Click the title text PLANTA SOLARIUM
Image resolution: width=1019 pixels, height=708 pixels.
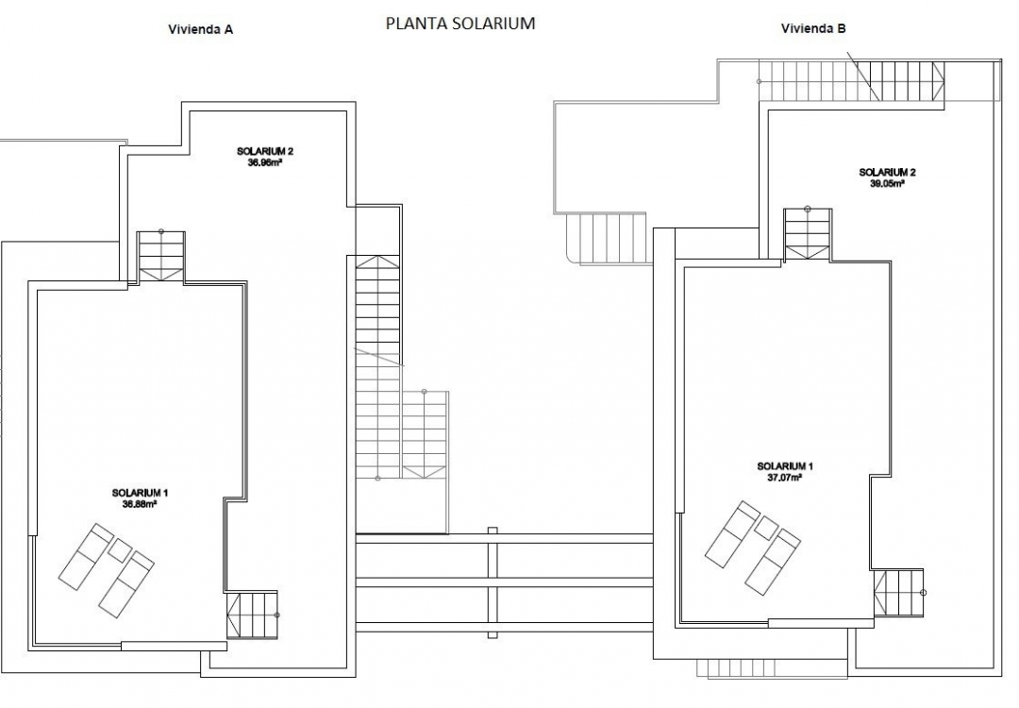pyautogui.click(x=460, y=24)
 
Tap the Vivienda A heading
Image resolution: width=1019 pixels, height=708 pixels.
pyautogui.click(x=201, y=29)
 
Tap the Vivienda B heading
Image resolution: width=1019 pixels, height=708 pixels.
pyautogui.click(x=813, y=28)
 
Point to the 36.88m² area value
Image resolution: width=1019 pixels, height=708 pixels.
pyautogui.click(x=140, y=504)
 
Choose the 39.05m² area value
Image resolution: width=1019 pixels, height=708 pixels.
pyautogui.click(x=887, y=184)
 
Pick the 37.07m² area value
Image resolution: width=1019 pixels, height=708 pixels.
pyautogui.click(x=784, y=478)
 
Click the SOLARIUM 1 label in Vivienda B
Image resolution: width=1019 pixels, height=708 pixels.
pyautogui.click(x=784, y=466)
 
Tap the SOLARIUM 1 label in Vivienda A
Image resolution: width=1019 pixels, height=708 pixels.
pyautogui.click(x=140, y=493)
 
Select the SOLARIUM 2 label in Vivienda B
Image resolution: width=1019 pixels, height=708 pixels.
pyautogui.click(x=887, y=173)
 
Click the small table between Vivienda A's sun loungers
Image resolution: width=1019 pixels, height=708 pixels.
pyautogui.click(x=120, y=549)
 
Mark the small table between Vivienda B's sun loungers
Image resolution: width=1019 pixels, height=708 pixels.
pyautogui.click(x=766, y=528)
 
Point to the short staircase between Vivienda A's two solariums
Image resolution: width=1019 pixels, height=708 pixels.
pyautogui.click(x=161, y=256)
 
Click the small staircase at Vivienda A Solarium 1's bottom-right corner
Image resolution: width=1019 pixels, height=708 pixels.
pyautogui.click(x=254, y=615)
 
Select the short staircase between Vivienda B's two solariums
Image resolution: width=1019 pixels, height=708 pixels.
pyautogui.click(x=808, y=233)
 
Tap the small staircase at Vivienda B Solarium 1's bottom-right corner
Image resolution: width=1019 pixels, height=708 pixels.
pyautogui.click(x=899, y=593)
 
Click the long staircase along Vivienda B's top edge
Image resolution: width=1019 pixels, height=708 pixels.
pyautogui.click(x=851, y=81)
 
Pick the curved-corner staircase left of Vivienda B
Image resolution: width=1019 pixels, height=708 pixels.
pyautogui.click(x=605, y=240)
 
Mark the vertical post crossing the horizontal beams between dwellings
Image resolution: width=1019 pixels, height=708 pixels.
pyautogui.click(x=491, y=578)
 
